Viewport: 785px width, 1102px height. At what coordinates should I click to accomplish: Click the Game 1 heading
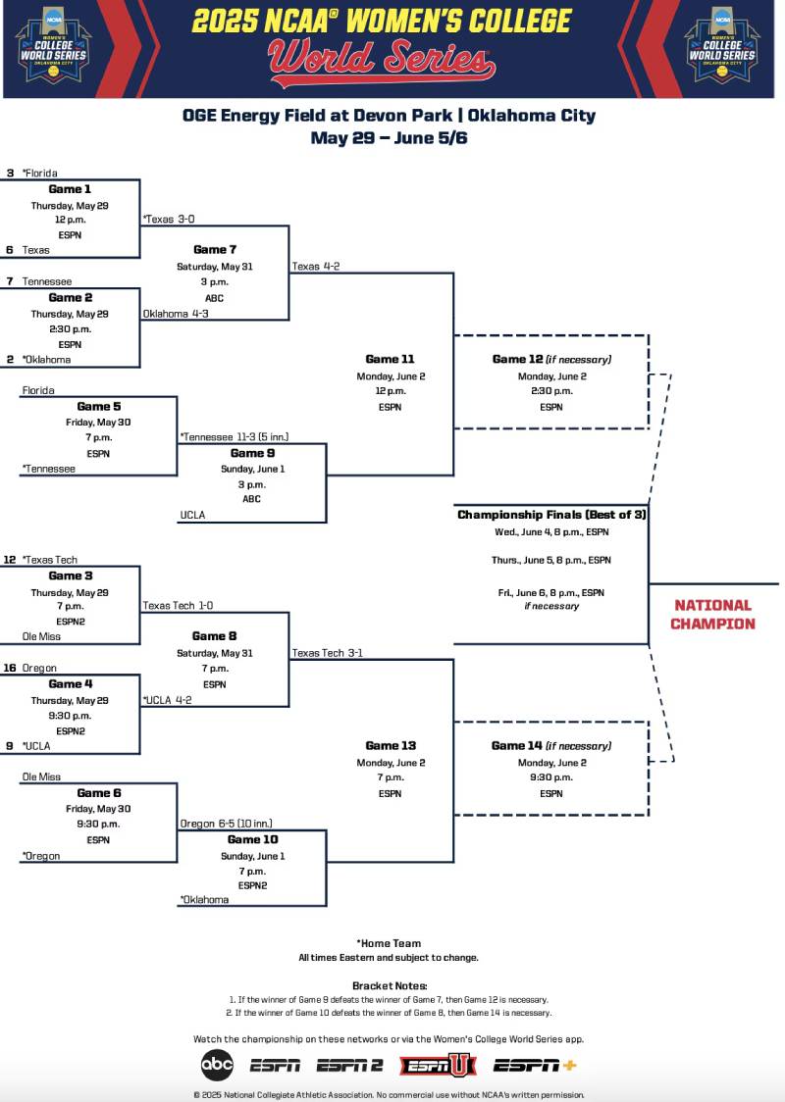pyautogui.click(x=70, y=189)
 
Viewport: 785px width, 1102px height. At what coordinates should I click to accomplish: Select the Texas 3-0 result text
pyautogui.click(x=169, y=219)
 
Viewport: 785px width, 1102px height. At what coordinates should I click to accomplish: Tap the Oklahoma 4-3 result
pyautogui.click(x=176, y=314)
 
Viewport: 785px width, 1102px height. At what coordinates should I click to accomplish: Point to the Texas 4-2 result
pyautogui.click(x=315, y=266)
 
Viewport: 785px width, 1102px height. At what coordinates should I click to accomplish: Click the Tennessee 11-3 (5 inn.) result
pyautogui.click(x=234, y=437)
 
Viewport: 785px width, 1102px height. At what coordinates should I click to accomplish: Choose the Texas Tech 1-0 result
pyautogui.click(x=178, y=606)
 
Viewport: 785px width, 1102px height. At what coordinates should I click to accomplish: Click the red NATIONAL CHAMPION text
pyautogui.click(x=712, y=615)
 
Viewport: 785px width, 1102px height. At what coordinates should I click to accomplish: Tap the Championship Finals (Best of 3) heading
pyautogui.click(x=551, y=515)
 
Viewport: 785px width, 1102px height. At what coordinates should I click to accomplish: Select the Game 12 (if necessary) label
pyautogui.click(x=551, y=360)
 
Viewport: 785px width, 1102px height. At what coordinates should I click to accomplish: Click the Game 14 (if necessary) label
pyautogui.click(x=550, y=746)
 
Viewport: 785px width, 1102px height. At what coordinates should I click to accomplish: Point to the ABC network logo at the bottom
pyautogui.click(x=217, y=1064)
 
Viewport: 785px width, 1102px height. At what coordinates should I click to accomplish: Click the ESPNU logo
pyautogui.click(x=438, y=1065)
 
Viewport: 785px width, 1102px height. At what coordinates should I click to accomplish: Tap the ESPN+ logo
pyautogui.click(x=535, y=1065)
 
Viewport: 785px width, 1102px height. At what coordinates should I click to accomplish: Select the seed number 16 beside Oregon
pyautogui.click(x=9, y=668)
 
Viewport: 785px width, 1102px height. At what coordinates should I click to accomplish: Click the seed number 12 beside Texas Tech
pyautogui.click(x=9, y=560)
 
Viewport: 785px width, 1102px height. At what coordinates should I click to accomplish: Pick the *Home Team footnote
pyautogui.click(x=389, y=943)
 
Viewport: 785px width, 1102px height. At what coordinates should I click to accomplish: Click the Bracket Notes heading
pyautogui.click(x=390, y=985)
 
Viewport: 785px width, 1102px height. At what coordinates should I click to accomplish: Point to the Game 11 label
pyautogui.click(x=390, y=360)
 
